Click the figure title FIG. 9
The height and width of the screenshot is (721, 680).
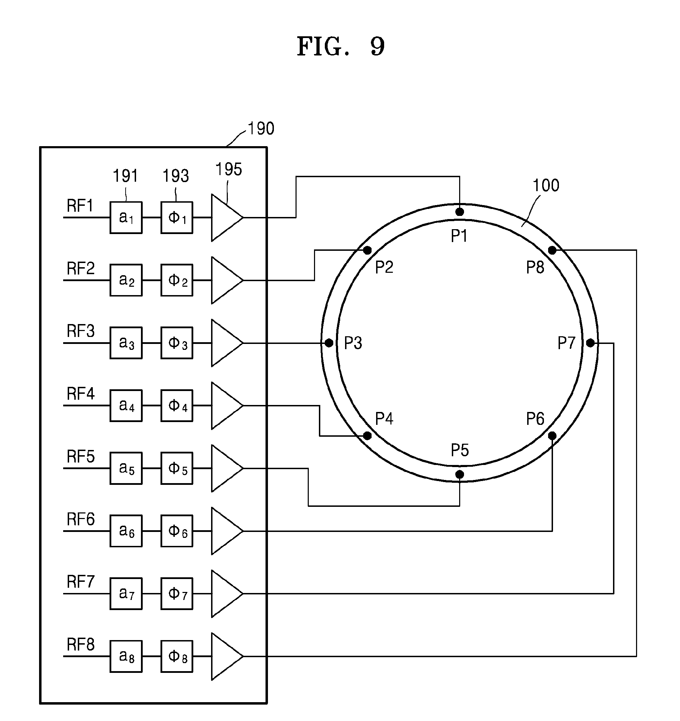pyautogui.click(x=341, y=46)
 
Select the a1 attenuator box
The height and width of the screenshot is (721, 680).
pyautogui.click(x=126, y=218)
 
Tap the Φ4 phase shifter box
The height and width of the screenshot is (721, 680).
pyautogui.click(x=177, y=405)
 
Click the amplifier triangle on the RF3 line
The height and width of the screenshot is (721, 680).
pyautogui.click(x=227, y=343)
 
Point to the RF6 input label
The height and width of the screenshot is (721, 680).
pyautogui.click(x=81, y=519)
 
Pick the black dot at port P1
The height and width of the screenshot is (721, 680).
pyautogui.click(x=459, y=212)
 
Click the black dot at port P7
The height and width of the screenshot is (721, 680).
pyautogui.click(x=590, y=343)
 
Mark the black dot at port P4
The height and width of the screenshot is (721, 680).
pyautogui.click(x=367, y=436)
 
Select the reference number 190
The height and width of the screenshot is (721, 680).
pyautogui.click(x=261, y=128)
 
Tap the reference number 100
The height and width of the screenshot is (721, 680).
pyautogui.click(x=546, y=185)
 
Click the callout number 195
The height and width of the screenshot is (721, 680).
pyautogui.click(x=229, y=170)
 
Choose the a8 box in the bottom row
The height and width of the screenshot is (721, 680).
pyautogui.click(x=126, y=656)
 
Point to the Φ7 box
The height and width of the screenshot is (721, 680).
pyautogui.click(x=177, y=594)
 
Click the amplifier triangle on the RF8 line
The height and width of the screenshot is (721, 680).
pyautogui.click(x=227, y=656)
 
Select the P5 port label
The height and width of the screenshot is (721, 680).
pyautogui.click(x=460, y=450)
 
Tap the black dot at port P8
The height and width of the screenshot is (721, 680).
pyautogui.click(x=552, y=250)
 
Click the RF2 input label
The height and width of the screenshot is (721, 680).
pyautogui.click(x=81, y=268)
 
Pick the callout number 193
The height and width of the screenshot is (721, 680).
pyautogui.click(x=175, y=176)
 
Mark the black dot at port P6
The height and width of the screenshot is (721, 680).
pyautogui.click(x=552, y=436)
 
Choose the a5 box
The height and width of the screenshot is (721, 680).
pyautogui.click(x=126, y=468)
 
